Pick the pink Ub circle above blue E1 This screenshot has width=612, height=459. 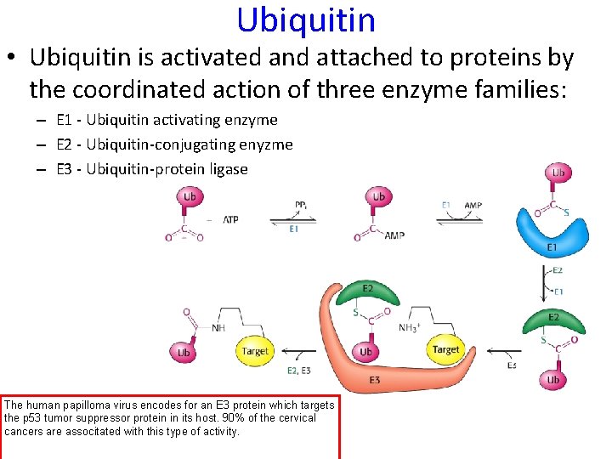[558, 173]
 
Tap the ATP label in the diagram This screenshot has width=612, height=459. [230, 219]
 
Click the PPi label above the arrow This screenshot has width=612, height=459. [302, 205]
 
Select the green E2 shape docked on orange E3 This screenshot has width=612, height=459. [367, 292]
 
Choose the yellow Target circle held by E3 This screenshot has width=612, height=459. [445, 349]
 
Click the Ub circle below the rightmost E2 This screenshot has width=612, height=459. [552, 379]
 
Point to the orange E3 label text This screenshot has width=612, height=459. [374, 380]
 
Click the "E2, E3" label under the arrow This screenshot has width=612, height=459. [298, 370]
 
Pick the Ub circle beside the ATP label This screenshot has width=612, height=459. [189, 197]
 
